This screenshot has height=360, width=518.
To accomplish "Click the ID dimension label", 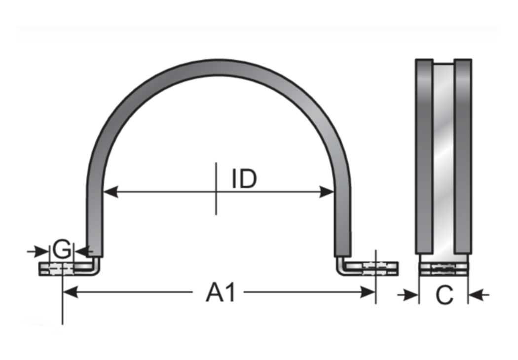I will point(245,180).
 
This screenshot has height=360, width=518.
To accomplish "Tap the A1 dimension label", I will point(221,293).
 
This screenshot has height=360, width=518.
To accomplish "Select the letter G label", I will point(62,250).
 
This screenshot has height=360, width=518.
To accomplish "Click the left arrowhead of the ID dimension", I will point(110,191).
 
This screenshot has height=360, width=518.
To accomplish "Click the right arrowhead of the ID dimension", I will point(327,191).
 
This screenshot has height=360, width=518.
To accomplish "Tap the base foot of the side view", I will point(444,269).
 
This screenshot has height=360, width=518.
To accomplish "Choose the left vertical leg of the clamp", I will point(95,217).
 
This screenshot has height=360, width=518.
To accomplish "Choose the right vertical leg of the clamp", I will point(343,217).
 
